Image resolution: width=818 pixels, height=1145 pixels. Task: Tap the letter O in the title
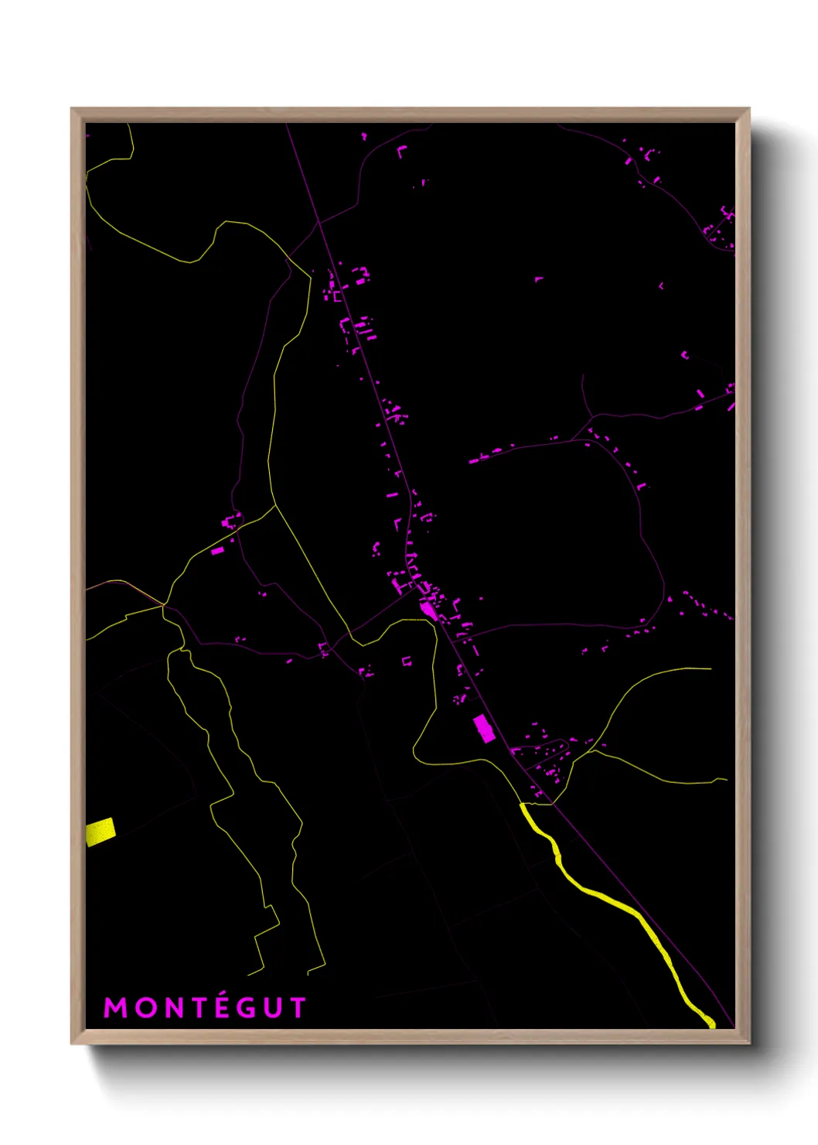pos(145,1008)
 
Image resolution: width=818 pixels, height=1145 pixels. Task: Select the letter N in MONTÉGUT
pos(172,1008)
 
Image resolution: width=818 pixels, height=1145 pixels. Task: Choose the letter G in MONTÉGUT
pos(246,1008)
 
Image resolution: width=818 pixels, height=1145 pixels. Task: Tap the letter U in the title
pos(273,1008)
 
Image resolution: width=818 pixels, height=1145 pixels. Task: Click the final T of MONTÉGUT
pos(298,1008)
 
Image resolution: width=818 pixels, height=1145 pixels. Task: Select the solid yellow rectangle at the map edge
pos(101,832)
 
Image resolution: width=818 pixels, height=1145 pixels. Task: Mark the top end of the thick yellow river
pos(523,806)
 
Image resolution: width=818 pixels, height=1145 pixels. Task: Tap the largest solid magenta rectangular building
pos(484,729)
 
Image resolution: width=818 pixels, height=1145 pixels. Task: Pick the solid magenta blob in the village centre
pos(429,611)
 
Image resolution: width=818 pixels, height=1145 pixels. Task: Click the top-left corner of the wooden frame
pos(73,110)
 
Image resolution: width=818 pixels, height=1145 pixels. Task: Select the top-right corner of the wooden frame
pos(748,110)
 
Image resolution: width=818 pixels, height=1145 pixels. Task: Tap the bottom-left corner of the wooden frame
pos(73,1042)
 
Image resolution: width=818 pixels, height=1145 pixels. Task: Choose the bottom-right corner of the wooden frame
pos(748,1042)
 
